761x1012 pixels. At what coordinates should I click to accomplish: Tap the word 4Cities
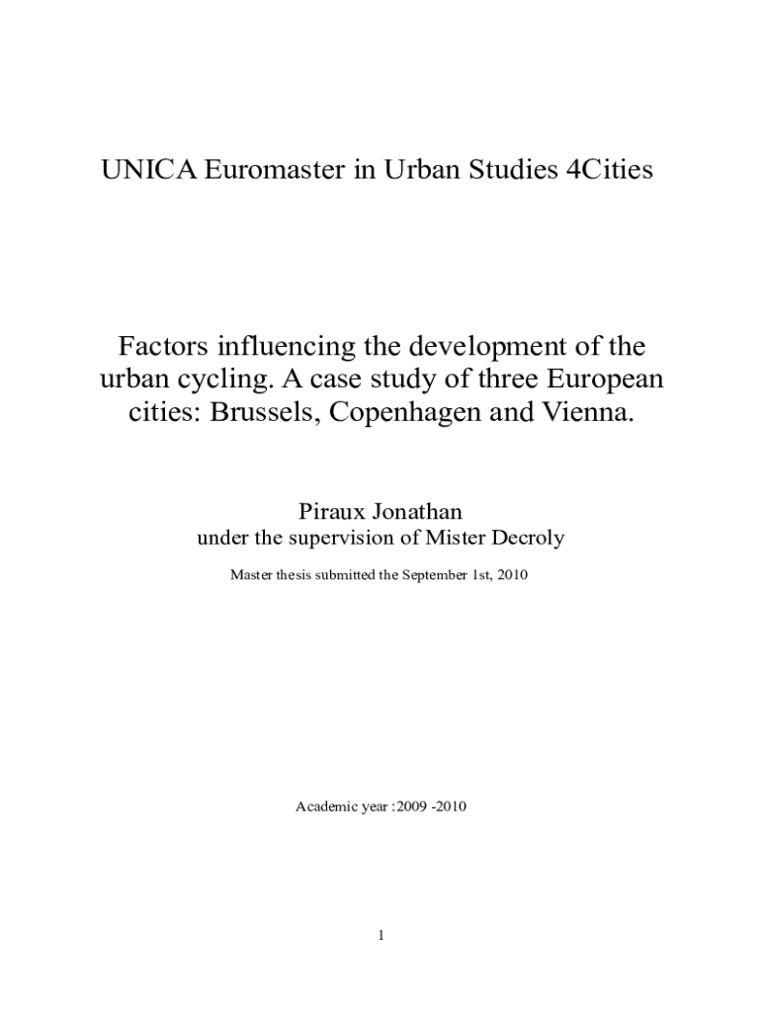(605, 171)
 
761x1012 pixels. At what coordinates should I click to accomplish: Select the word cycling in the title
(228, 379)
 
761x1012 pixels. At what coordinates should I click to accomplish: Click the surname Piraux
(330, 512)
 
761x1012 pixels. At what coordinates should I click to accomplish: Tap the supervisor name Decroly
(528, 539)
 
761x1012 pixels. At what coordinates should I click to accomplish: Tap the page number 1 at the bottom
(380, 936)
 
